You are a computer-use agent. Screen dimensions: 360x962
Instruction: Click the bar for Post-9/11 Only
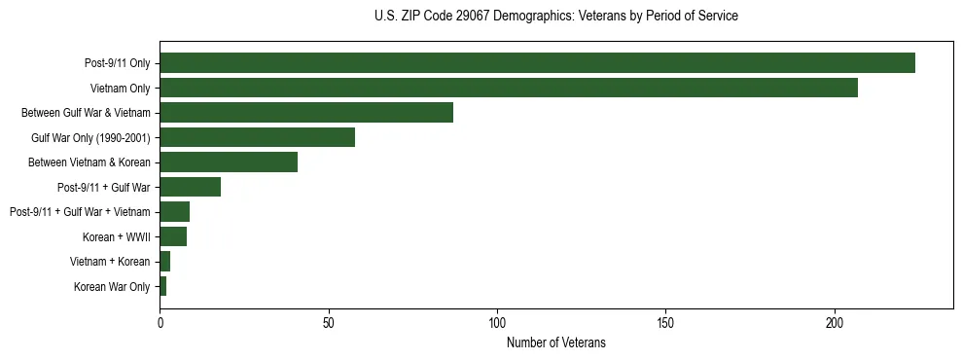[x=537, y=63]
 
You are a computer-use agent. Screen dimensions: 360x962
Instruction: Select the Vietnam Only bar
[x=509, y=88]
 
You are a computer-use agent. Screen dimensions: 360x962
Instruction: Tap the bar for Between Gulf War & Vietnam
[x=306, y=113]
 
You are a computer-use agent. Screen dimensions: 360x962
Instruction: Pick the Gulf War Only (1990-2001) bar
[x=257, y=137]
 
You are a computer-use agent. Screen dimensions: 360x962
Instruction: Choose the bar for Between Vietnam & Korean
[x=229, y=162]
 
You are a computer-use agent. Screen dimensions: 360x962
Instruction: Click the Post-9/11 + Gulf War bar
[x=190, y=187]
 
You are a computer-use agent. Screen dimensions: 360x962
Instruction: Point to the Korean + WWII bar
[x=173, y=236]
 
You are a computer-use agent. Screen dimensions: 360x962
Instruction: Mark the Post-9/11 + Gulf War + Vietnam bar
[x=174, y=212]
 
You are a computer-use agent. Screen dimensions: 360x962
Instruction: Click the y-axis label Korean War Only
[x=112, y=287]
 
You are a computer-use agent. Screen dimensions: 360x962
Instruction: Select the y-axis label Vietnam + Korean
[x=110, y=262]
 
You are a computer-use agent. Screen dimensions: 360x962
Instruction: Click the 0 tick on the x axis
[x=160, y=322]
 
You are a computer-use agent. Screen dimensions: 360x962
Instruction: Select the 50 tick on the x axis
[x=329, y=322]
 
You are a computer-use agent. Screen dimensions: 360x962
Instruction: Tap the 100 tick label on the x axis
[x=497, y=322]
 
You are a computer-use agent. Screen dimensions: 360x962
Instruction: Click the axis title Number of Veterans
[x=555, y=342]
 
